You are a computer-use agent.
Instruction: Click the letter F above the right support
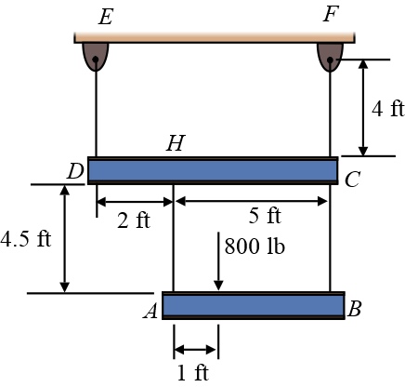click(331, 15)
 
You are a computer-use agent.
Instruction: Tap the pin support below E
click(96, 55)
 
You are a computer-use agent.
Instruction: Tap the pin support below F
click(330, 55)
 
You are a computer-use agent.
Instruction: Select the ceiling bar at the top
click(214, 37)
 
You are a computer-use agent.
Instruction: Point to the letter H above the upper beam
click(175, 143)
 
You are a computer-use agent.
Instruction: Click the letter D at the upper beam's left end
click(75, 172)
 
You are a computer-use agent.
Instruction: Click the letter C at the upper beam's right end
click(352, 180)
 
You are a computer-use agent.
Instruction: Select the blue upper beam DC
click(213, 170)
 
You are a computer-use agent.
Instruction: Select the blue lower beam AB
click(253, 306)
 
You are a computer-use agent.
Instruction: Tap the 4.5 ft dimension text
click(25, 238)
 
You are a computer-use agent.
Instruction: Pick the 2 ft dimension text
click(134, 220)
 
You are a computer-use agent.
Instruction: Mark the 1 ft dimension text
click(196, 374)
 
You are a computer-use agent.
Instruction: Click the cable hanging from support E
click(96, 112)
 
